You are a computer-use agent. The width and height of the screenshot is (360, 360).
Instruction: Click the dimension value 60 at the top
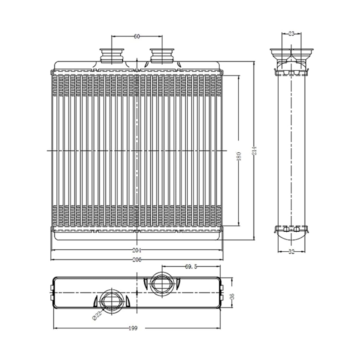pos(137,36)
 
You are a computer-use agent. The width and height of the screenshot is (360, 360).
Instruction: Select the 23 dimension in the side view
pos(291,34)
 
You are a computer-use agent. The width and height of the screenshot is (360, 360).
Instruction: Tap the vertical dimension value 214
pos(254,151)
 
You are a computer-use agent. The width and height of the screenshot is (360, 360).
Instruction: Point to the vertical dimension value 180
pos(239,156)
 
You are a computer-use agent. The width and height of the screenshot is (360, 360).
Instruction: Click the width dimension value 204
pos(137,250)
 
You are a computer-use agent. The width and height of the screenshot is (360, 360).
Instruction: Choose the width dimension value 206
pos(137,260)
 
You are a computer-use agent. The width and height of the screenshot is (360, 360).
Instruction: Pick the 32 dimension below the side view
pos(291,252)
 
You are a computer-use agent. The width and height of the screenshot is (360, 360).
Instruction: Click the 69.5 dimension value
pos(191,267)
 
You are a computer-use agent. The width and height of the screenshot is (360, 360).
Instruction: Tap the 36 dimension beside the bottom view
pos(232,296)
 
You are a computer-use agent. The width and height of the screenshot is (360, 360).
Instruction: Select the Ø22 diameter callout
pos(97,316)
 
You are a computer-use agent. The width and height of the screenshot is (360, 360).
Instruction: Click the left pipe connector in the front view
pos(112,56)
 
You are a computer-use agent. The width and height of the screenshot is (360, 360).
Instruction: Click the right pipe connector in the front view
pos(162,56)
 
